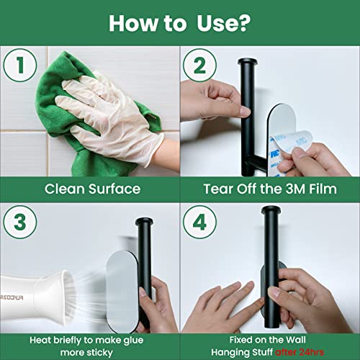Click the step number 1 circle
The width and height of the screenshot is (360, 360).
click(x=20, y=65)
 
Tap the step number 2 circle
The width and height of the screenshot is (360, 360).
click(x=199, y=65)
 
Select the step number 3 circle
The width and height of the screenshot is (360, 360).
click(x=20, y=222)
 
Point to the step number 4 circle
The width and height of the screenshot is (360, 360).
click(x=199, y=222)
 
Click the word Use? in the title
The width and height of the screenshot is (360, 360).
click(x=223, y=23)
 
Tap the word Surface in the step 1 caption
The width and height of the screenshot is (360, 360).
click(x=114, y=189)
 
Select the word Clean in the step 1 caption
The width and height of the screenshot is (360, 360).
click(x=65, y=189)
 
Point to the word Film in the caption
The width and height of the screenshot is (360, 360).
click(x=323, y=189)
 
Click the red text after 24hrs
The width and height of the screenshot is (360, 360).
click(x=300, y=352)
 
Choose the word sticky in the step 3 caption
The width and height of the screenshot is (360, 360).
click(x=99, y=353)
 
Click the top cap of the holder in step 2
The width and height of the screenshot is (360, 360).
click(x=248, y=62)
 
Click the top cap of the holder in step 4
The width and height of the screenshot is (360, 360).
click(x=271, y=210)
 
